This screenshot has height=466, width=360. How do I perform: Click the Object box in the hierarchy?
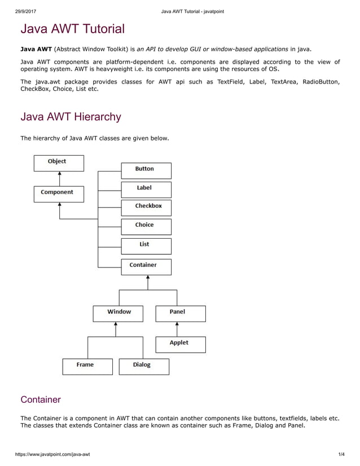pyautogui.click(x=59, y=162)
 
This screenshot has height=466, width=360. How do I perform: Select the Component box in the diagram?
pyautogui.click(x=59, y=194)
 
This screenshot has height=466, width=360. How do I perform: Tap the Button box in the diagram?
pyautogui.click(x=146, y=170)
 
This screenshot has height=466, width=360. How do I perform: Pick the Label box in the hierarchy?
pyautogui.click(x=146, y=189)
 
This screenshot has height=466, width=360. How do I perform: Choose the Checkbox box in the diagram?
pyautogui.click(x=146, y=208)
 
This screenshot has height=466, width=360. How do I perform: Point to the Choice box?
pyautogui.click(x=146, y=226)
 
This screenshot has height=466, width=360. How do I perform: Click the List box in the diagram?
pyautogui.click(x=146, y=246)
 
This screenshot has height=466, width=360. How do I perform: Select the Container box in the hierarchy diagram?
pyautogui.click(x=146, y=266)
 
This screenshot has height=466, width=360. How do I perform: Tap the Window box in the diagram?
pyautogui.click(x=118, y=313)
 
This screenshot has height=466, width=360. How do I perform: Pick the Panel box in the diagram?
pyautogui.click(x=181, y=313)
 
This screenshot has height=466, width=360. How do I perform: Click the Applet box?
pyautogui.click(x=181, y=344)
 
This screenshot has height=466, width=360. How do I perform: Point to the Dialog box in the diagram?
pyautogui.click(x=144, y=366)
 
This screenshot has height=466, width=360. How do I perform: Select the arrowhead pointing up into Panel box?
pyautogui.click(x=177, y=324)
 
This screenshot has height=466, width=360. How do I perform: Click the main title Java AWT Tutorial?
pyautogui.click(x=72, y=29)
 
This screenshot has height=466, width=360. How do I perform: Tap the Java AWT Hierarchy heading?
pyautogui.click(x=71, y=117)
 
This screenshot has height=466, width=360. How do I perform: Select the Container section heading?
pyautogui.click(x=40, y=399)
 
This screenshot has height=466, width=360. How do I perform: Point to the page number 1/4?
pyautogui.click(x=341, y=454)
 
